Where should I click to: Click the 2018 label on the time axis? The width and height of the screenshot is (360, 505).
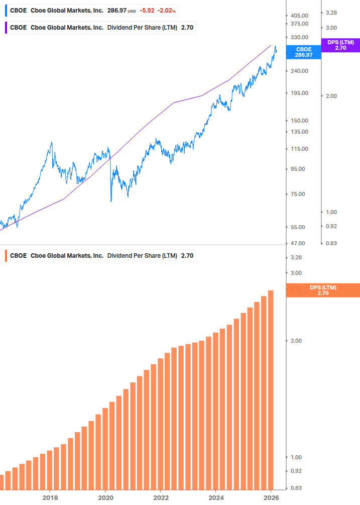pyautogui.click(x=50, y=497)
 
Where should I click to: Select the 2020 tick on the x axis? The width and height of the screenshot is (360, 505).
pyautogui.click(x=105, y=497)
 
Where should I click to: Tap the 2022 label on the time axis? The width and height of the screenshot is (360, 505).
pyautogui.click(x=160, y=497)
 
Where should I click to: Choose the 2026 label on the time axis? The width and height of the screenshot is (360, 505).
pyautogui.click(x=271, y=497)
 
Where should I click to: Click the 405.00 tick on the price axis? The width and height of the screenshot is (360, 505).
pyautogui.click(x=299, y=16)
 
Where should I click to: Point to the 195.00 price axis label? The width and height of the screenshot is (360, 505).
pyautogui.click(x=299, y=93)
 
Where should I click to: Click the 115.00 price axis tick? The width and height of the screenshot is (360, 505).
pyautogui.click(x=299, y=149)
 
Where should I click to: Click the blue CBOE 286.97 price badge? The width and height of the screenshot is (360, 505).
pyautogui.click(x=303, y=52)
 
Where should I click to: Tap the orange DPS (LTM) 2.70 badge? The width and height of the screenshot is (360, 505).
pyautogui.click(x=322, y=290)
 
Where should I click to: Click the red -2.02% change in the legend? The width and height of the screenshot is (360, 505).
pyautogui.click(x=167, y=11)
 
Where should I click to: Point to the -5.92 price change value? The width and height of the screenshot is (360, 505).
pyautogui.click(x=147, y=11)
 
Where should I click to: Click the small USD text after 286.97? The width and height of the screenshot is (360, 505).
pyautogui.click(x=132, y=11)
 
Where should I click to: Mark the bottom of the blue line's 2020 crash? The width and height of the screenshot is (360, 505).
pyautogui.click(x=110, y=201)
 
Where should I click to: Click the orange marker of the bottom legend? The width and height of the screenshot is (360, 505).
pyautogui.click(x=6, y=255)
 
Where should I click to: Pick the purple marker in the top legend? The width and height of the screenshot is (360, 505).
pyautogui.click(x=6, y=28)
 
